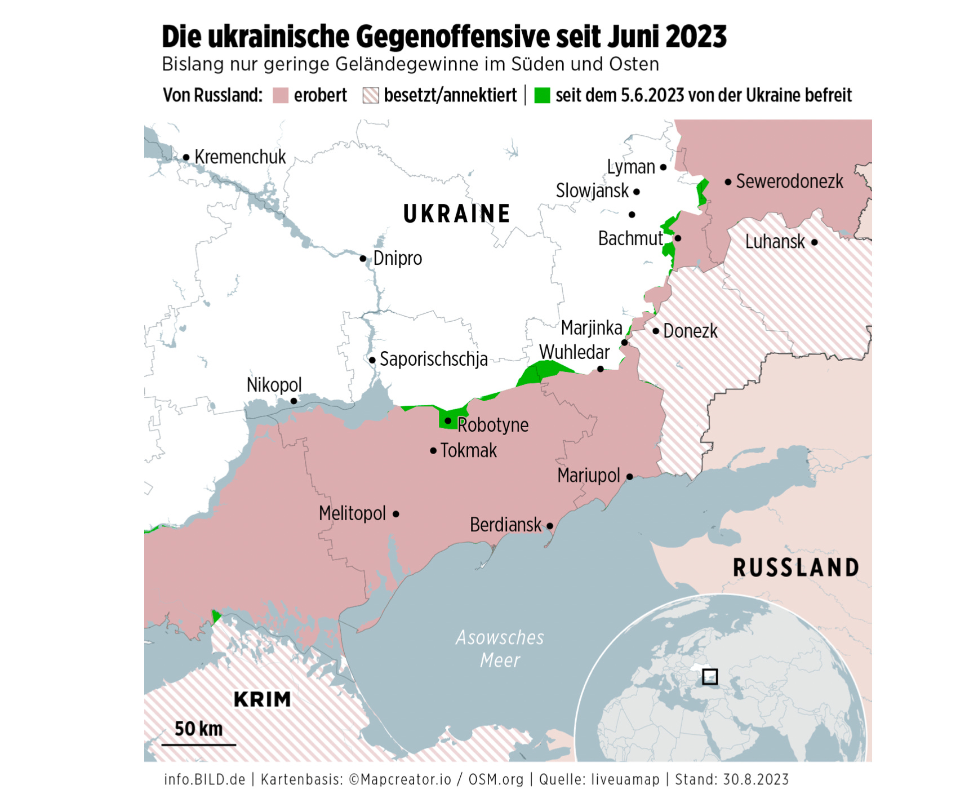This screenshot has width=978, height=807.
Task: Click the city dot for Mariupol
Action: tap(630, 477)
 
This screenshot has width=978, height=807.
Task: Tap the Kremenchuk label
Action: tap(240, 157)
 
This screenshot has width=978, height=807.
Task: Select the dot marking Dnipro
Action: tap(363, 259)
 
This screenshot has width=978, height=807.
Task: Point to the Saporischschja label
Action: tap(433, 359)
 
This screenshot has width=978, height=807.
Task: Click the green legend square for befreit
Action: tap(542, 95)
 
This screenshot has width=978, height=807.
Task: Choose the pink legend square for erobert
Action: tap(281, 95)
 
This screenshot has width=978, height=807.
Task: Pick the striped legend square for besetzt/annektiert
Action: tap(371, 95)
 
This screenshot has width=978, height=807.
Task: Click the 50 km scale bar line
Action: tap(198, 745)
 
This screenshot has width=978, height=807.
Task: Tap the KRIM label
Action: tap(263, 699)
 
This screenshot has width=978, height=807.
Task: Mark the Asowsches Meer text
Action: tap(500, 649)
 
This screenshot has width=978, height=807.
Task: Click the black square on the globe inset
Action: tap(710, 676)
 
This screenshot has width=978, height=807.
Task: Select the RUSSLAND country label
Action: tap(796, 567)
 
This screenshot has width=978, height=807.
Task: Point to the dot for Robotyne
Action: tap(448, 421)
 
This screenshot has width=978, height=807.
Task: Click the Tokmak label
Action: tap(468, 451)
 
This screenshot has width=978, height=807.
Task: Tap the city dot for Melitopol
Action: tap(396, 514)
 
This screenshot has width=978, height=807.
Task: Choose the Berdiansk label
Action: tap(505, 525)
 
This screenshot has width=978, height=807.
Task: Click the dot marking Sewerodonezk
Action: tap(728, 182)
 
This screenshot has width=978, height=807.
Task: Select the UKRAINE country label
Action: tap(457, 214)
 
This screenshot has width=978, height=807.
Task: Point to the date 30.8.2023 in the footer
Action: tap(755, 779)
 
